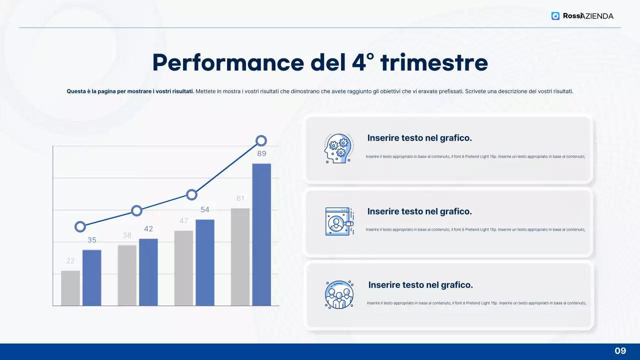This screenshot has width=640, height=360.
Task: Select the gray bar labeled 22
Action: [70, 288]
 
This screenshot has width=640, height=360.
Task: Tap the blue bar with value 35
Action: [92, 277]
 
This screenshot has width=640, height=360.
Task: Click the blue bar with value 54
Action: [205, 262]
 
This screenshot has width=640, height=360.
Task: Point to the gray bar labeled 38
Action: [127, 275]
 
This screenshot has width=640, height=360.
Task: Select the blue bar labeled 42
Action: [148, 272]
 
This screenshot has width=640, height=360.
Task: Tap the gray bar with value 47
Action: [183, 268]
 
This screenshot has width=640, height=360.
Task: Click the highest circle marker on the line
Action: [261, 141]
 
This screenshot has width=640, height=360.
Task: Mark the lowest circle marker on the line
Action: [80, 226]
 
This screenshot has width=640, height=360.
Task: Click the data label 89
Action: [262, 154]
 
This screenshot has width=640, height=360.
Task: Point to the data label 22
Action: [70, 261]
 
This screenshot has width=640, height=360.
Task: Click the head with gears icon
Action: [338, 148]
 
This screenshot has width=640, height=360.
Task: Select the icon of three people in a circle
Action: [339, 294]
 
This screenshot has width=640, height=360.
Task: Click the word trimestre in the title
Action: [434, 62]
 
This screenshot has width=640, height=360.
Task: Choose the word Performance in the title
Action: [227, 62]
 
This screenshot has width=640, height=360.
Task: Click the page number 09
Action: [620, 351]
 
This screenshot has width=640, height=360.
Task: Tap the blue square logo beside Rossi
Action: [555, 16]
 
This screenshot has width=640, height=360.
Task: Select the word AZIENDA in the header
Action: [597, 16]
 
